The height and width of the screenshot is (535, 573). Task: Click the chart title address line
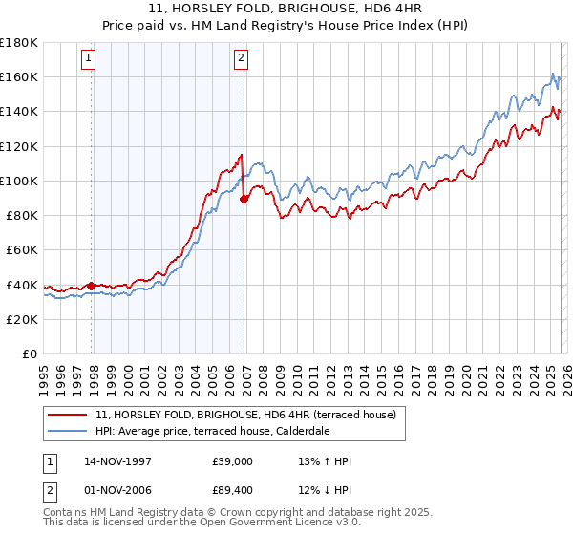286,9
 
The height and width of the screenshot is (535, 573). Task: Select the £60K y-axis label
22,250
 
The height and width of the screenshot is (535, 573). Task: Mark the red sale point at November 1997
92,285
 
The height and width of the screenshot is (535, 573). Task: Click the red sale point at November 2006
244,199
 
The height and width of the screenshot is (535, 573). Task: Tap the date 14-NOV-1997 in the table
119,461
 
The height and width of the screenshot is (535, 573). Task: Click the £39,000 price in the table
233,461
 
